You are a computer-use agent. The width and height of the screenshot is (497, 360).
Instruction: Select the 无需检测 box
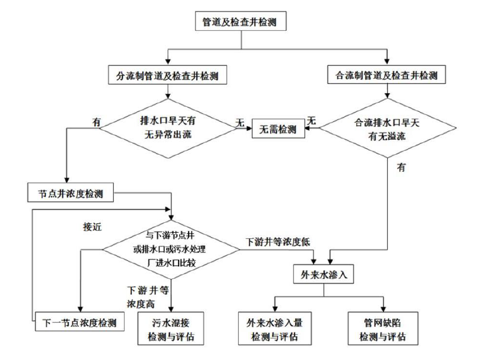279,130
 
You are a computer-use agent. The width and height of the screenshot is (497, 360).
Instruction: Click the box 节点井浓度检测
72,194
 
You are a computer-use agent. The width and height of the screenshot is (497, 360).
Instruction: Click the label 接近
92,226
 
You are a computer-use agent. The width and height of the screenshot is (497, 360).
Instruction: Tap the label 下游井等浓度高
146,296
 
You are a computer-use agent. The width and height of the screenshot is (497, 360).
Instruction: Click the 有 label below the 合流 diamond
401,168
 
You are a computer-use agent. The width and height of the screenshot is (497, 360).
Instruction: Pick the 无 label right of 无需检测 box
312,120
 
